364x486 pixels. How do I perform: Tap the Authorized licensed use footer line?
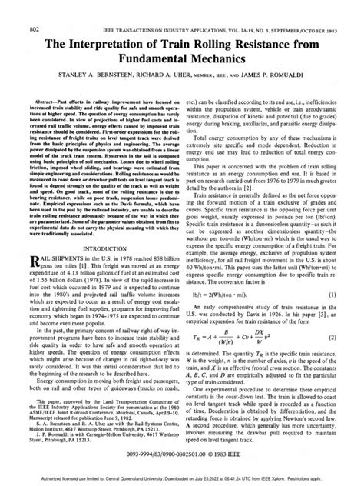(182, 480)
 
